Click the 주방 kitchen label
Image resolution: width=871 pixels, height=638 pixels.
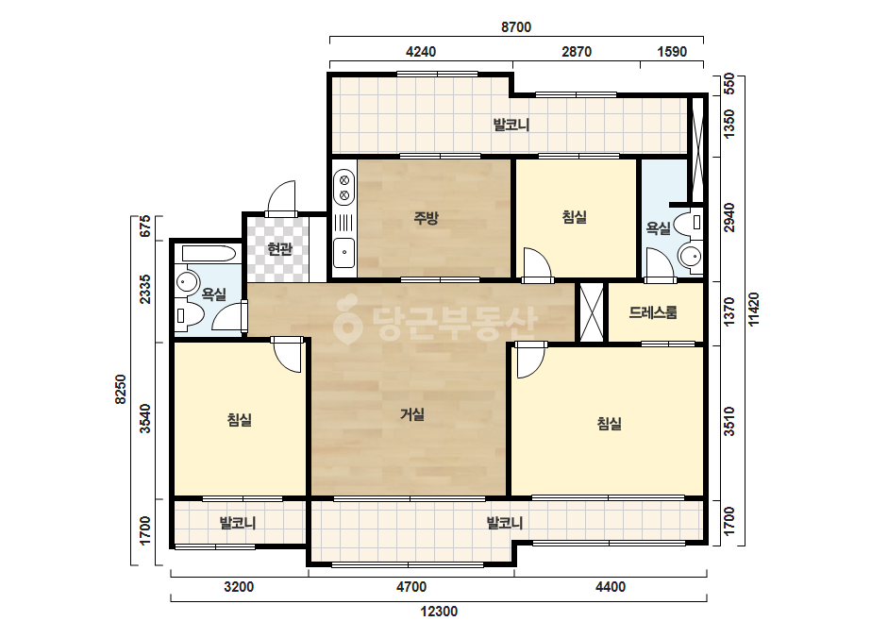(x=426, y=218)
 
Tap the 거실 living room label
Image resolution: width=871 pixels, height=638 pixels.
(x=412, y=414)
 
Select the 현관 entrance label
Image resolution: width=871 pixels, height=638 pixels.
(x=279, y=248)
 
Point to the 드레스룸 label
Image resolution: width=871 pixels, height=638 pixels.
(x=653, y=313)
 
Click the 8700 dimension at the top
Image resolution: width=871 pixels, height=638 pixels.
(x=516, y=27)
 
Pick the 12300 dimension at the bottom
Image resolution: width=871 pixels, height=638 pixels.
(x=439, y=612)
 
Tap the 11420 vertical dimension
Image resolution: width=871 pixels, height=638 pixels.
(x=754, y=311)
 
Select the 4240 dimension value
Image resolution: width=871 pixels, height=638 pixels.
(x=421, y=52)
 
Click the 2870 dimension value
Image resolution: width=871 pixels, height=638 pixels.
(x=577, y=52)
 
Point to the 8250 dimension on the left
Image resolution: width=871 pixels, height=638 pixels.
(x=121, y=389)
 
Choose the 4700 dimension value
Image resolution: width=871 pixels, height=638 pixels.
(x=411, y=587)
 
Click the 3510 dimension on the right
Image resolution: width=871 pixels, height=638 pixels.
(x=729, y=422)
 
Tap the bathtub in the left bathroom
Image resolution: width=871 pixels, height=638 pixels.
(x=209, y=254)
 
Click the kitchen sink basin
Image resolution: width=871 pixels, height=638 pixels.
(x=344, y=253)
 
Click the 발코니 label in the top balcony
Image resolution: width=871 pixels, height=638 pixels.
(x=511, y=125)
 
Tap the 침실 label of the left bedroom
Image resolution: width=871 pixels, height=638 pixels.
(x=240, y=420)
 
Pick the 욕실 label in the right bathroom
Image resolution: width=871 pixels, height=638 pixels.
(x=658, y=227)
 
